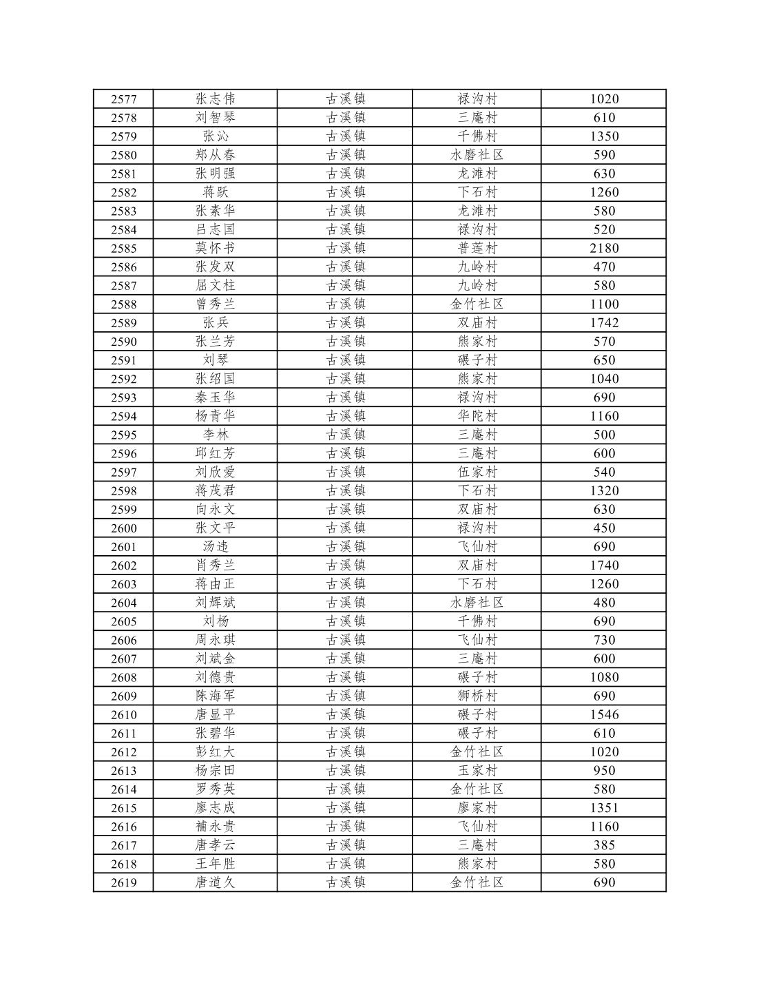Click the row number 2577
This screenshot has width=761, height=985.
pos(124,99)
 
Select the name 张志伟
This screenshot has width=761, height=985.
pos(215,98)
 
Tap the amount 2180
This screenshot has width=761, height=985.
pos(604,248)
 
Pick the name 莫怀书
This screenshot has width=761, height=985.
pos(215,248)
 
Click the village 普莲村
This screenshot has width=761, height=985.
pos(477,248)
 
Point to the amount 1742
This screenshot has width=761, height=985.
pos(604,322)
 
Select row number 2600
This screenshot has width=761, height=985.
pos(124,528)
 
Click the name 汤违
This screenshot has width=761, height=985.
pos(215,547)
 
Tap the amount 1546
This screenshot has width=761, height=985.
pos(604,714)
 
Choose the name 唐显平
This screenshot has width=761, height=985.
pos(215,714)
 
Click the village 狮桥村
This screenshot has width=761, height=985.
pos(477,696)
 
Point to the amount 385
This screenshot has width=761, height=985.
pos(604,845)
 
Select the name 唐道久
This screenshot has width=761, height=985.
pos(215,882)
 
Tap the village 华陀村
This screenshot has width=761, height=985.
pos(477,416)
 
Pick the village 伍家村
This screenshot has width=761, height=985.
pos(477,472)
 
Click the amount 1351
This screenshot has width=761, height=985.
pos(604,807)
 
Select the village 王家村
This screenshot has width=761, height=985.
pos(477,770)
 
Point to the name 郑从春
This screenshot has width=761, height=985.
pos(215,155)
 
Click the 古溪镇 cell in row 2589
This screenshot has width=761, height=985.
pos(345,322)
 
